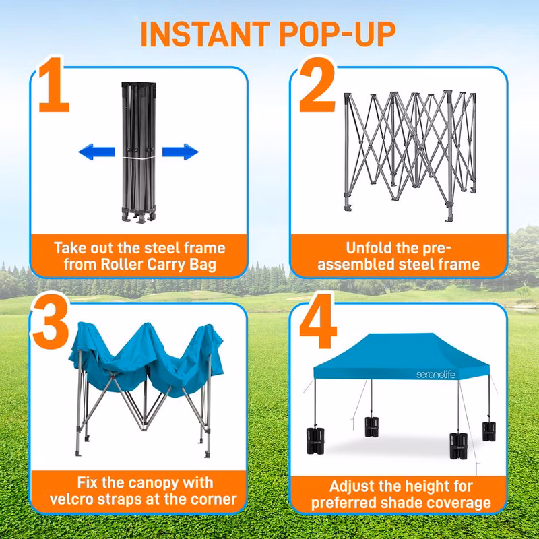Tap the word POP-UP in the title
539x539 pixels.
[x=338, y=34]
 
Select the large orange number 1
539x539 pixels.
[x=54, y=85]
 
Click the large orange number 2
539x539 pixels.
[x=317, y=85]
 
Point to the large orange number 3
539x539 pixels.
[x=51, y=321]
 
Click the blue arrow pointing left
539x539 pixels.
[x=96, y=152]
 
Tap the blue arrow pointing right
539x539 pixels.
[x=181, y=152]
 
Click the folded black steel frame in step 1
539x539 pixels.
[x=139, y=153]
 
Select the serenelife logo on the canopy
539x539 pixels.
[x=435, y=375]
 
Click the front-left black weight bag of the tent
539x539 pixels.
[x=315, y=441]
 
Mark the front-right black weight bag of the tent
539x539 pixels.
[x=459, y=446]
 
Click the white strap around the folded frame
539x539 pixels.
[x=139, y=158]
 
